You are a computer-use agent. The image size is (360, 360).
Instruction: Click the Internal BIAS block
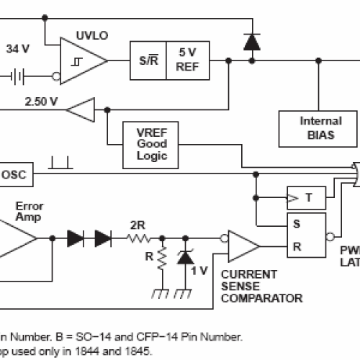[x=320, y=128]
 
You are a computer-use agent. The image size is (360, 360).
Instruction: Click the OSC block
[x=13, y=174]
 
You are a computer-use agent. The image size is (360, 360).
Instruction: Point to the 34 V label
[x=18, y=50]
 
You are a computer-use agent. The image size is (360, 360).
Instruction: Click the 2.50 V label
[x=41, y=101]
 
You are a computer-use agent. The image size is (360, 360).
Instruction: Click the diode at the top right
[x=251, y=42]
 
